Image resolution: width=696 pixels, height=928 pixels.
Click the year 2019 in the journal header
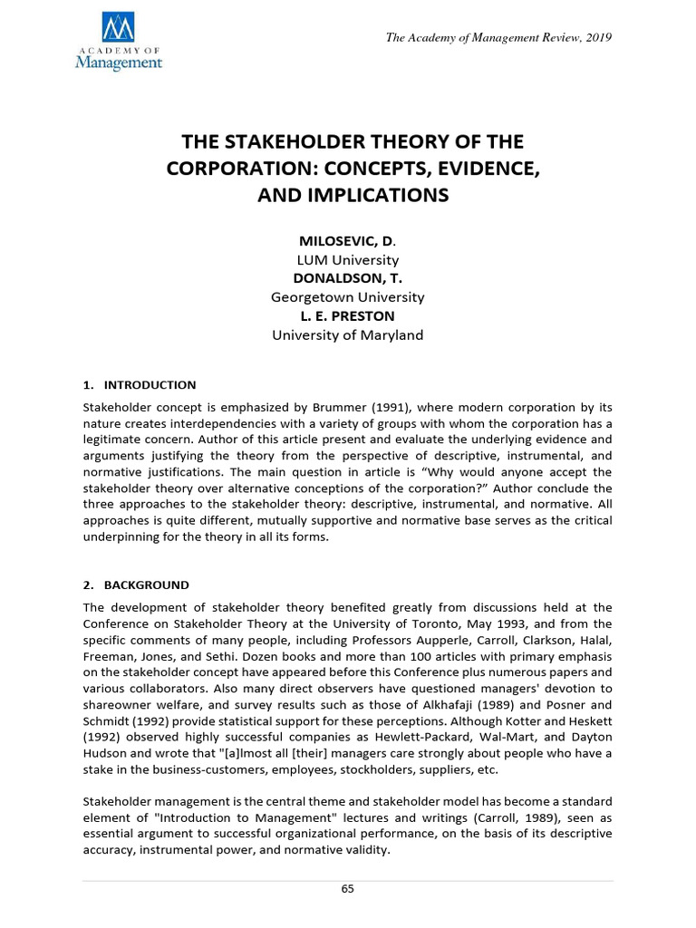click(x=598, y=37)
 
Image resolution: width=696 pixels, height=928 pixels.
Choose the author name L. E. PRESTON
click(x=347, y=315)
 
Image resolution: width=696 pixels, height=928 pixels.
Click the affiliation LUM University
click(x=347, y=260)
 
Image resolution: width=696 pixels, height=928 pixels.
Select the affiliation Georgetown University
click(x=347, y=297)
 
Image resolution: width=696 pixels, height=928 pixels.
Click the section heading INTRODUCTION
click(x=150, y=385)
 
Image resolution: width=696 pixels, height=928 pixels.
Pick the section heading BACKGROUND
click(x=147, y=585)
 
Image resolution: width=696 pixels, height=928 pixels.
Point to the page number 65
click(x=348, y=889)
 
